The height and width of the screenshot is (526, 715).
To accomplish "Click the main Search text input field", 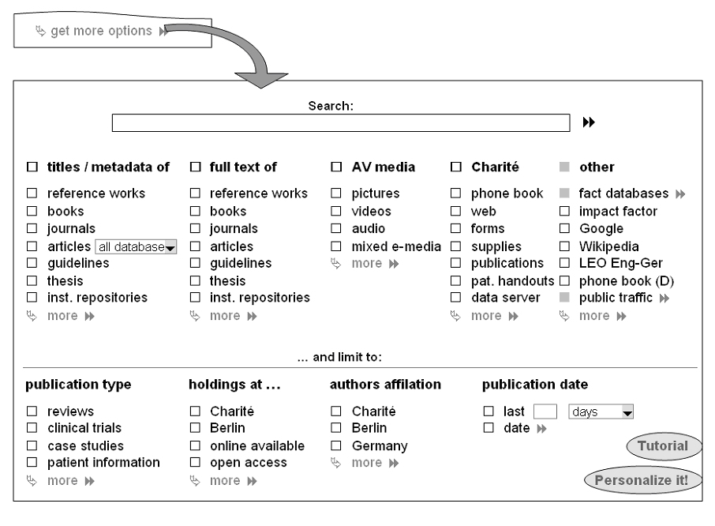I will click(x=340, y=122).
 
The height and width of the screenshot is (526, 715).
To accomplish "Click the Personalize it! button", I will click(x=642, y=479).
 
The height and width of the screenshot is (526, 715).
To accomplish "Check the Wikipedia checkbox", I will click(x=564, y=246).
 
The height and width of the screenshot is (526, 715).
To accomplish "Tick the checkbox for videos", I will click(x=335, y=212).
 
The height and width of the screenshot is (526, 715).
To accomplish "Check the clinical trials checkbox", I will click(x=32, y=429).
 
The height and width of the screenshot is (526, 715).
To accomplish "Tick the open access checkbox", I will click(x=194, y=463).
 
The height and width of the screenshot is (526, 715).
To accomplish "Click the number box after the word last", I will click(x=545, y=411).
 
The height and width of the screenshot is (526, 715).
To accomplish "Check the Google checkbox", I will click(x=564, y=229).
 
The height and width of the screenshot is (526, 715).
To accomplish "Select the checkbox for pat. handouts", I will click(x=455, y=280).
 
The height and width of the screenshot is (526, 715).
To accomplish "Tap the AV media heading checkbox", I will click(x=335, y=167).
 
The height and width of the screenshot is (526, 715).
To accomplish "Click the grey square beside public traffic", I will click(x=564, y=298).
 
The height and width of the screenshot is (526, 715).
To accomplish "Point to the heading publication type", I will click(x=78, y=385).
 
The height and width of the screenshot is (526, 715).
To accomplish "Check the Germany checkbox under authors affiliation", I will click(x=335, y=446).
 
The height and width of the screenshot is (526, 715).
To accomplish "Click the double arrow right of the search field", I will click(x=589, y=122).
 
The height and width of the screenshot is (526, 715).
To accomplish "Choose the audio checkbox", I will click(x=335, y=229).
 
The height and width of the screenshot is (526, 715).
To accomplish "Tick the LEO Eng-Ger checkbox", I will click(x=564, y=263).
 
